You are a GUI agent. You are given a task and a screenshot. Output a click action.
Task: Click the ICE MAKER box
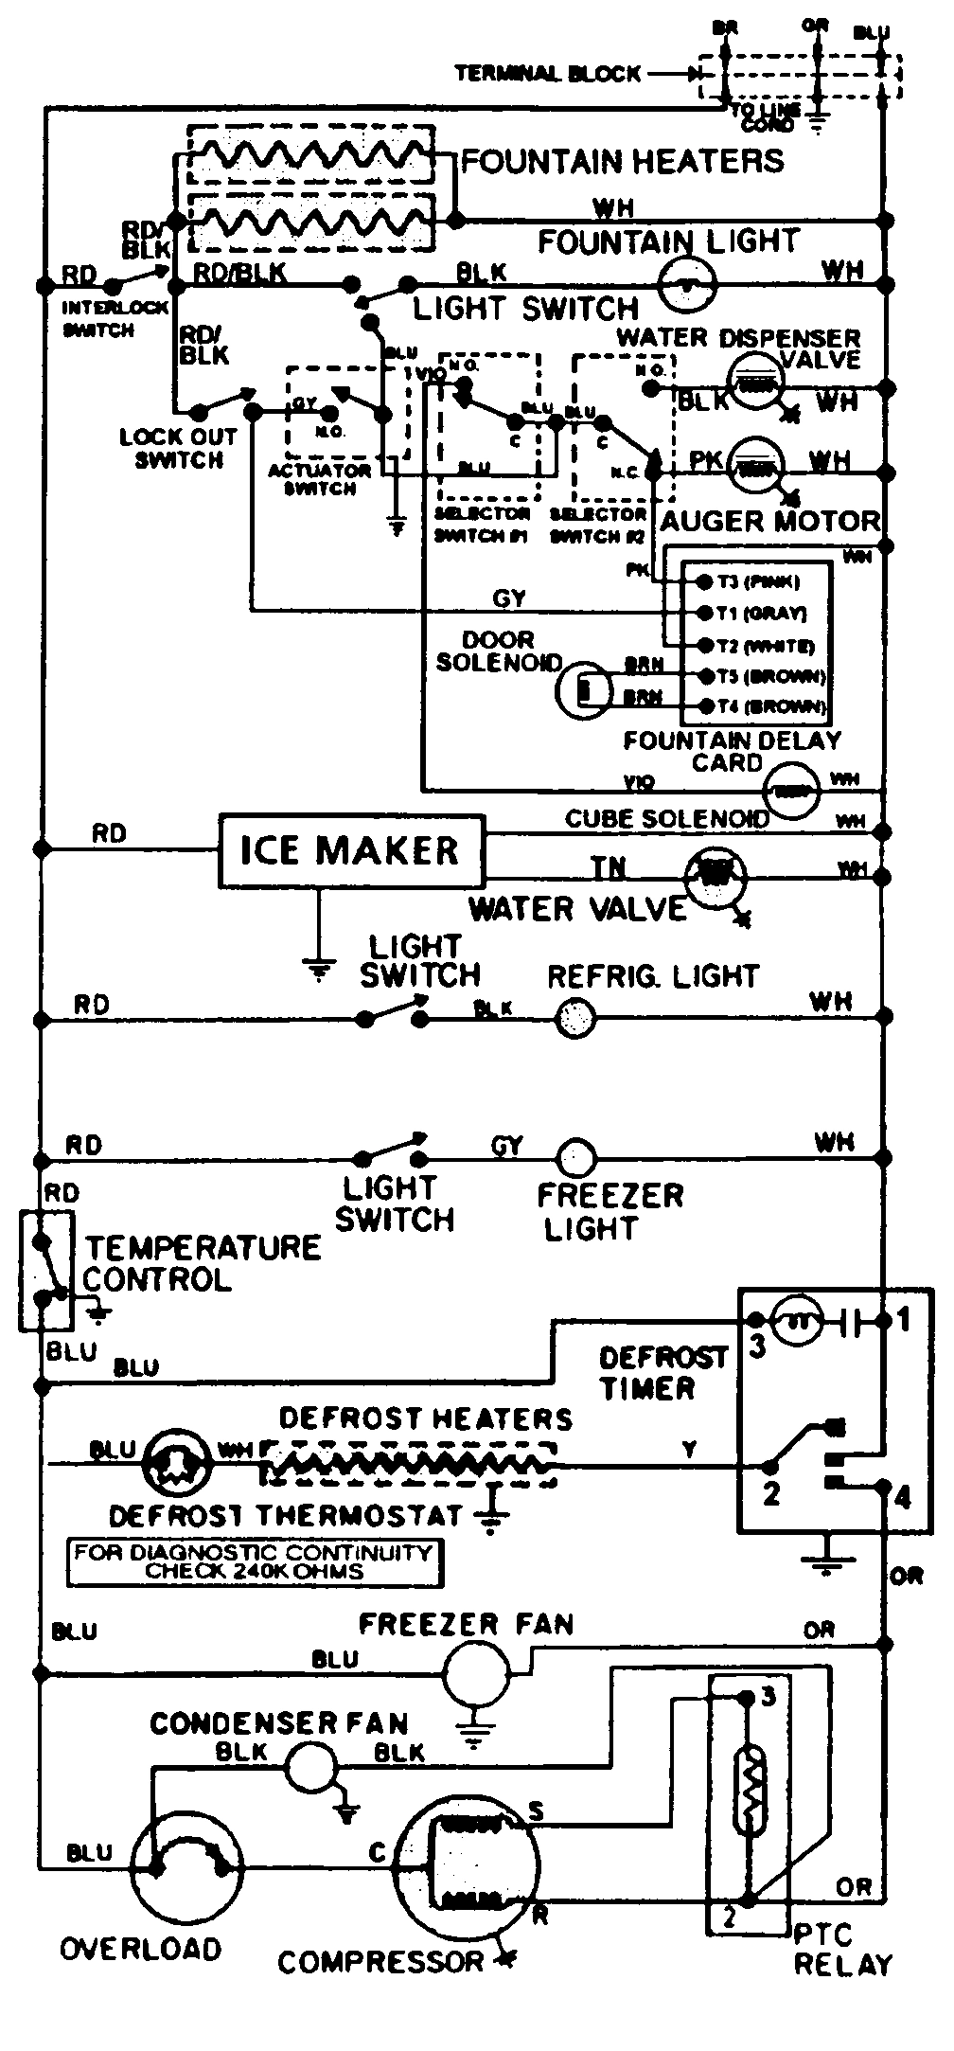[350, 849]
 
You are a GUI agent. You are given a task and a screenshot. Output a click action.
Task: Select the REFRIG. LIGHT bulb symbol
[574, 1020]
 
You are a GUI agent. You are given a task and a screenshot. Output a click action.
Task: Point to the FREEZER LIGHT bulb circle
[574, 1158]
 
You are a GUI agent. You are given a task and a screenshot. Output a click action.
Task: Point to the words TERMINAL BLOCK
[548, 73]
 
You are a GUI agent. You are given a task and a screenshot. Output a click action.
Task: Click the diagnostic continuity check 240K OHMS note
[254, 1561]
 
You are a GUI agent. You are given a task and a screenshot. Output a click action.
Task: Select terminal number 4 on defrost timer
[902, 1498]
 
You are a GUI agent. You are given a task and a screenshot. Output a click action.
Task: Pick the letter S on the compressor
[537, 1812]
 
